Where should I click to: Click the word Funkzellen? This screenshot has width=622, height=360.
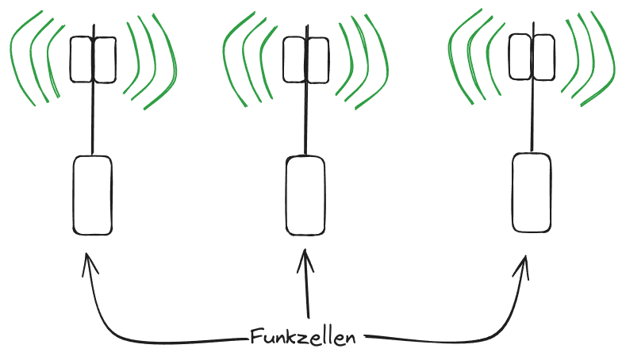point(302,336)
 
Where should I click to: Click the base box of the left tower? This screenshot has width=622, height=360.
point(93,195)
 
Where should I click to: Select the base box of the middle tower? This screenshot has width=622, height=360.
point(305,195)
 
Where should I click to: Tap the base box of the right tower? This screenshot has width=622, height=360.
point(532,193)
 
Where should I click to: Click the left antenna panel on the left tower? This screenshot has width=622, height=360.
point(82,59)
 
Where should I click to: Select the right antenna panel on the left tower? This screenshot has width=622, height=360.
point(106,59)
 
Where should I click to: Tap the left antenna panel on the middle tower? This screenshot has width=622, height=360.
point(295,59)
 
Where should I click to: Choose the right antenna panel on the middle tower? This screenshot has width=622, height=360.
point(317,59)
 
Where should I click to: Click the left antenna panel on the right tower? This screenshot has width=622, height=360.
point(520,56)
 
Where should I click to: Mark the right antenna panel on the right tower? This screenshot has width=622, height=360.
point(543,56)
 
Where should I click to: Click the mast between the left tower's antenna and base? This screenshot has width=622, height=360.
point(94,119)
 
